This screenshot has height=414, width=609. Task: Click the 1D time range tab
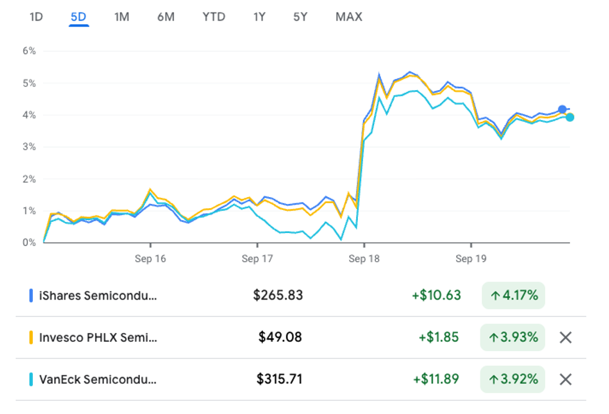pyautogui.click(x=36, y=17)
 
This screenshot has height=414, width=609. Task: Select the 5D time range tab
pyautogui.click(x=79, y=17)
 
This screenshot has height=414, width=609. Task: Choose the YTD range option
pyautogui.click(x=214, y=17)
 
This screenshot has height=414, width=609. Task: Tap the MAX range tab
pyautogui.click(x=349, y=17)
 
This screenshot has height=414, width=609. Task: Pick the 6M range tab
pyautogui.click(x=166, y=17)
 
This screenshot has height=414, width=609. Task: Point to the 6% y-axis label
pyautogui.click(x=29, y=51)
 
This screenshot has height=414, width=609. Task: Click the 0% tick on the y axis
pyautogui.click(x=29, y=242)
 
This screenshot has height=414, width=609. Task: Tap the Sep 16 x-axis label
pyautogui.click(x=150, y=259)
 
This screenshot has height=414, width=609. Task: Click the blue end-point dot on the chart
pyautogui.click(x=562, y=109)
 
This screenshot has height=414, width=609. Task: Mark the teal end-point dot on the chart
pyautogui.click(x=570, y=117)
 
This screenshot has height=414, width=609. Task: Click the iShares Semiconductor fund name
pyautogui.click(x=98, y=295)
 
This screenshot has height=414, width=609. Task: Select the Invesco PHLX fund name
pyautogui.click(x=98, y=338)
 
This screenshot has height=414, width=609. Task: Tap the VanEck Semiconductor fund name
pyautogui.click(x=98, y=379)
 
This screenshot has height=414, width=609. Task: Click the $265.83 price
pyautogui.click(x=278, y=295)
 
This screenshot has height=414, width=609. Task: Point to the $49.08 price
pyautogui.click(x=280, y=338)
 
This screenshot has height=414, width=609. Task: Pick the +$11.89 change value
pyautogui.click(x=436, y=379)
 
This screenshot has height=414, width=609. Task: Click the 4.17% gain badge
pyautogui.click(x=513, y=295)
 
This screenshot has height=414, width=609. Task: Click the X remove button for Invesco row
pyautogui.click(x=565, y=338)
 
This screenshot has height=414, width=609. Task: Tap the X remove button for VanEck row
pyautogui.click(x=565, y=379)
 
